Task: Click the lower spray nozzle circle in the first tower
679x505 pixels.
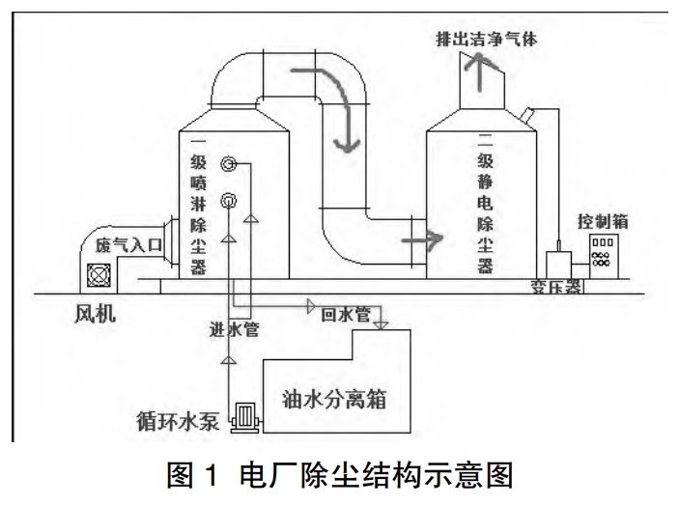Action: point(230,200)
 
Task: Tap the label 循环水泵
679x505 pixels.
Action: point(180,419)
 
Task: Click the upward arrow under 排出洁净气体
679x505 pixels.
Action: point(474,74)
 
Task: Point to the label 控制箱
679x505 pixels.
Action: point(604,219)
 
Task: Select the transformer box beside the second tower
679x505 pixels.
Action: point(558,263)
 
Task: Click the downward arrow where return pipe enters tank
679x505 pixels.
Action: point(380,323)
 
